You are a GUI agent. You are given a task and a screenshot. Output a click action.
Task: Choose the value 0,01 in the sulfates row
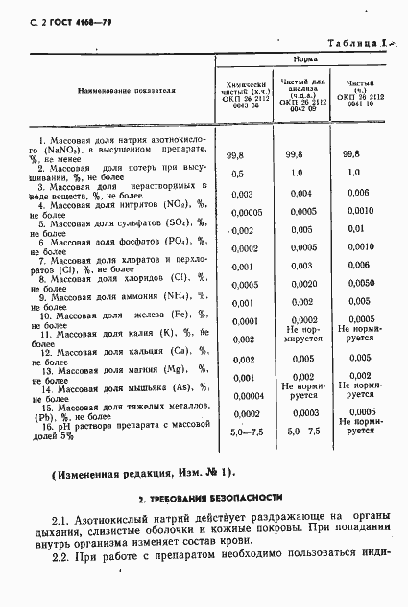coord(356,230)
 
